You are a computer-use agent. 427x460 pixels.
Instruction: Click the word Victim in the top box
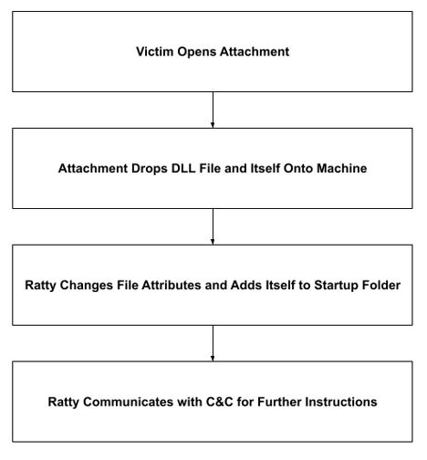(x=154, y=51)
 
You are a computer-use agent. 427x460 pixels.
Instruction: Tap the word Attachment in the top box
(x=255, y=51)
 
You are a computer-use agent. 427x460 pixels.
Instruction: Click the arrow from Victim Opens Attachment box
(x=213, y=110)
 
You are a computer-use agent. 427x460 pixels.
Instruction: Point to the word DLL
(x=183, y=168)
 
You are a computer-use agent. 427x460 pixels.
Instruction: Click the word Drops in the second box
(x=150, y=169)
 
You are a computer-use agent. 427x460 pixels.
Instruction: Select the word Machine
(x=342, y=168)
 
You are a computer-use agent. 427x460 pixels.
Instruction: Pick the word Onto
(x=298, y=168)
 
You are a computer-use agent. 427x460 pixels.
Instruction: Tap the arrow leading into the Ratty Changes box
(x=213, y=226)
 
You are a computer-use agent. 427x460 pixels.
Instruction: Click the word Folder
(x=381, y=285)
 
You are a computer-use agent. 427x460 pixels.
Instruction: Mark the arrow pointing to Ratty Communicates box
(x=213, y=343)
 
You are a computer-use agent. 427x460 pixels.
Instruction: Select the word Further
(x=279, y=402)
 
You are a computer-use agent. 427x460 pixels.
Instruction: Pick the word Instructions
(x=341, y=402)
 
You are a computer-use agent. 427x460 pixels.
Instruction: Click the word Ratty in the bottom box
(x=64, y=402)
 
